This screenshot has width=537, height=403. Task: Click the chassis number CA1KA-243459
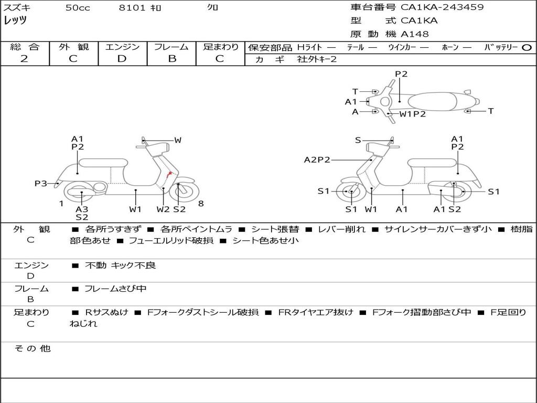442,7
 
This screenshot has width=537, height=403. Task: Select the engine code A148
415,34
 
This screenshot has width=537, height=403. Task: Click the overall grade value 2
24,59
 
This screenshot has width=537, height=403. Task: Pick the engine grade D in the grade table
122,59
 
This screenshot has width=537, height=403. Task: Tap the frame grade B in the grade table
172,59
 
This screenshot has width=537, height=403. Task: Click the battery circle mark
527,48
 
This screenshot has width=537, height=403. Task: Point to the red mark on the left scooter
168,175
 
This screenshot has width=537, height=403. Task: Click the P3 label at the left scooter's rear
41,183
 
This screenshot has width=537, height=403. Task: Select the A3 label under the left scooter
82,209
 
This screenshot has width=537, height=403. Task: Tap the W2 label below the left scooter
163,209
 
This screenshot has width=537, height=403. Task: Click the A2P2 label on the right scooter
317,160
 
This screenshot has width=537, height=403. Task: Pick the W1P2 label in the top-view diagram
413,114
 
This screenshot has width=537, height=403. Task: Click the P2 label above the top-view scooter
401,73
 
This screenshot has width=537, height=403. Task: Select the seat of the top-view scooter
432,102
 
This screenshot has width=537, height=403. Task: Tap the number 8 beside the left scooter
201,204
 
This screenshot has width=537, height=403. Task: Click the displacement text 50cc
78,8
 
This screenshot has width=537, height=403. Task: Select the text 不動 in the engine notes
95,265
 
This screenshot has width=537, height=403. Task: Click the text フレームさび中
115,289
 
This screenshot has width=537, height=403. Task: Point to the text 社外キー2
317,59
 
